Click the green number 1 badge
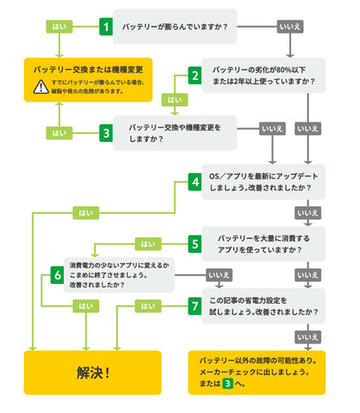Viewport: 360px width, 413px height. click(x=106, y=27)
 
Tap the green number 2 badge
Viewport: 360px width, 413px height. click(x=196, y=76)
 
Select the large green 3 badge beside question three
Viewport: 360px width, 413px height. click(x=106, y=133)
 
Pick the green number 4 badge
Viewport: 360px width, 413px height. click(x=196, y=182)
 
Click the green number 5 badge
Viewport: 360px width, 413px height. click(x=196, y=243)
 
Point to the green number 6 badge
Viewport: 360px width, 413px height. click(x=58, y=275)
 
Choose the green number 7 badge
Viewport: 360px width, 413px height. click(x=196, y=305)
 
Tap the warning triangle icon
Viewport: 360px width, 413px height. click(x=40, y=86)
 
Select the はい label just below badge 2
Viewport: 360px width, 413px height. click(x=175, y=100)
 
